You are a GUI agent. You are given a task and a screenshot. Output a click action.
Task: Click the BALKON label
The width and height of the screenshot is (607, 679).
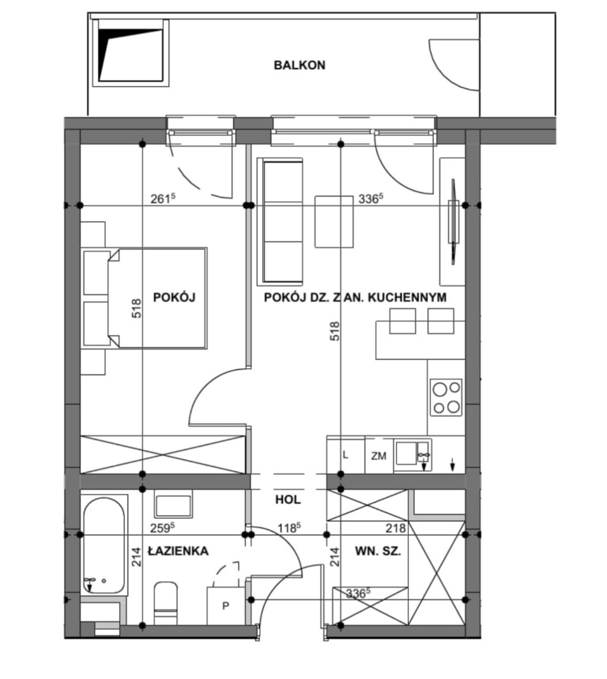(x=300, y=65)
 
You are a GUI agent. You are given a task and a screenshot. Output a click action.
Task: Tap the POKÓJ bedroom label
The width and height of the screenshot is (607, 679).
(x=174, y=297)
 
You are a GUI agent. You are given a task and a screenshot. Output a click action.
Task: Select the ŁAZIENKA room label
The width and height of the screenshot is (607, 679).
(x=178, y=551)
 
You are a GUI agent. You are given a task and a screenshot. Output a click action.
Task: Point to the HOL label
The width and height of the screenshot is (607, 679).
(x=288, y=500)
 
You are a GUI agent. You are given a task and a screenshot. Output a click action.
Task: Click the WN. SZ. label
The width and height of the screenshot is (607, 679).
(x=378, y=551)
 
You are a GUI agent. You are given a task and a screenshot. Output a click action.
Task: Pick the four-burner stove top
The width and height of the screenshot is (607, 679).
(x=446, y=397)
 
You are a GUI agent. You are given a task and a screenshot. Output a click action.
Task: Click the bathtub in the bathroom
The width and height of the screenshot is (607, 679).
(x=104, y=545)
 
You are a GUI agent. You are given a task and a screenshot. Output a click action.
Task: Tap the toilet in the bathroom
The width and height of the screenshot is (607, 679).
(x=166, y=603)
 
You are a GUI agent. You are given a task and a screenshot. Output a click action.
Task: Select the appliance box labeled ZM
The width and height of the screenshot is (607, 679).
(x=379, y=455)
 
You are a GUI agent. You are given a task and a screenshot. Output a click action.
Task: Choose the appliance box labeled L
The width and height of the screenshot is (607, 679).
(x=345, y=455)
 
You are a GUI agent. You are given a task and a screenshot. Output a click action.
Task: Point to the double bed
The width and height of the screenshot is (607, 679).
(x=156, y=298)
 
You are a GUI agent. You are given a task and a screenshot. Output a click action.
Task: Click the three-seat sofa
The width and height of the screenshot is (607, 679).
(x=280, y=221)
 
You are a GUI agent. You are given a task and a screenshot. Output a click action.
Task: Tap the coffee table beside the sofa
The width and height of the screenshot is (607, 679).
(x=334, y=221)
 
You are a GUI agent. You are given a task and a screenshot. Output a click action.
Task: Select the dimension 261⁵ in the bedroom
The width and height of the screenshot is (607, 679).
(x=163, y=198)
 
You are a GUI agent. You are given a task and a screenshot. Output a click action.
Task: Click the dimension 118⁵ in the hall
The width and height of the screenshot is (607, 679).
(x=289, y=528)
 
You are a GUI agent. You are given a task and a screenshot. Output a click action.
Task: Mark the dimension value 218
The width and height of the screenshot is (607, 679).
(x=396, y=528)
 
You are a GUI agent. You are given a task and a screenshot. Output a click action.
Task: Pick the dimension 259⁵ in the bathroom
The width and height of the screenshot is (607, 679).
(x=162, y=528)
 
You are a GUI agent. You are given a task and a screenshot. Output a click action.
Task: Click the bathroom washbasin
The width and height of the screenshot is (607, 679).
(x=173, y=505)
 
